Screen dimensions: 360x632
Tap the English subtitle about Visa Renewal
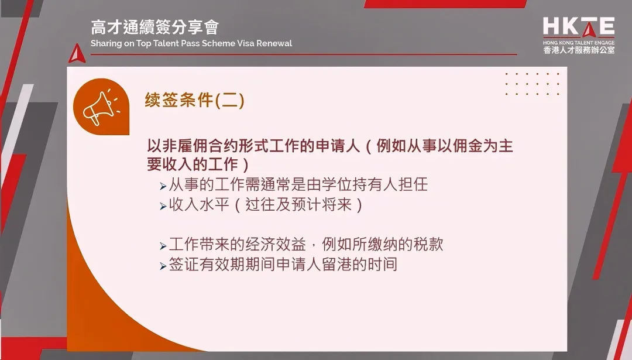[x=191, y=43]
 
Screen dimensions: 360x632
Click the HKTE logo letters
[x=578, y=27]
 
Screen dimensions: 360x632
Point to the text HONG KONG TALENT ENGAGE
[x=578, y=42]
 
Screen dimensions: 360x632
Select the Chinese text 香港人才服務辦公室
[x=578, y=50]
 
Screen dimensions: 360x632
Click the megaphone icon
[x=101, y=107]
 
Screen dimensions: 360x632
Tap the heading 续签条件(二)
[x=194, y=101]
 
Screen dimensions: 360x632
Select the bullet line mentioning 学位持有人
[x=298, y=186]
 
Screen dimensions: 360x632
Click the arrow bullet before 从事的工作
[x=163, y=187]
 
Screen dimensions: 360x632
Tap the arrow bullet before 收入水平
[x=163, y=207]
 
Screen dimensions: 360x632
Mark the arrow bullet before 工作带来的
[x=163, y=246]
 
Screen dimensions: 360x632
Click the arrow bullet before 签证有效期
[x=163, y=266]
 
